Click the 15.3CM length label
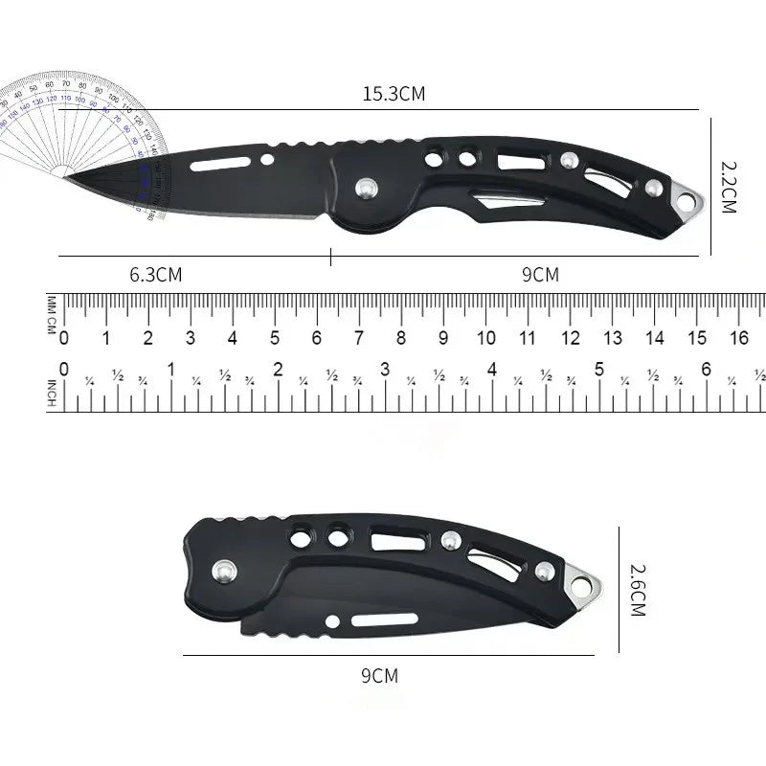393,94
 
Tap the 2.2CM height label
728,186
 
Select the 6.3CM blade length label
155,275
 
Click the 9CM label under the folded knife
379,676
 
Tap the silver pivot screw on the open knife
365,190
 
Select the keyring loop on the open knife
687,198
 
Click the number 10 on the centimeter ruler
486,338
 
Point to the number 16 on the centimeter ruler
739,338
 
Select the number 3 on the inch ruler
385,370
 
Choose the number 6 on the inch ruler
707,370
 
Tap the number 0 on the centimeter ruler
64,338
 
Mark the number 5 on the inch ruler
599,370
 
